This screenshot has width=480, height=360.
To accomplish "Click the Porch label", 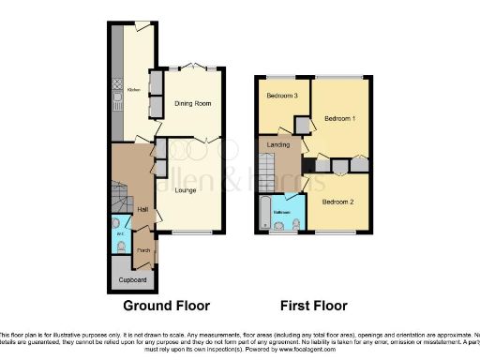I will click(143, 250).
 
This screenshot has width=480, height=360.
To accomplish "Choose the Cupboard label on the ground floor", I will click(133, 280).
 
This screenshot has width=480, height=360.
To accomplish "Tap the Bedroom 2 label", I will click(338, 202).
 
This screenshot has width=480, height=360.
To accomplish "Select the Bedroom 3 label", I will click(281, 96).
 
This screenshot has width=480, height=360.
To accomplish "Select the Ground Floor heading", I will click(167, 306).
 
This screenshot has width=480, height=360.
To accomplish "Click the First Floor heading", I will click(313, 306).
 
